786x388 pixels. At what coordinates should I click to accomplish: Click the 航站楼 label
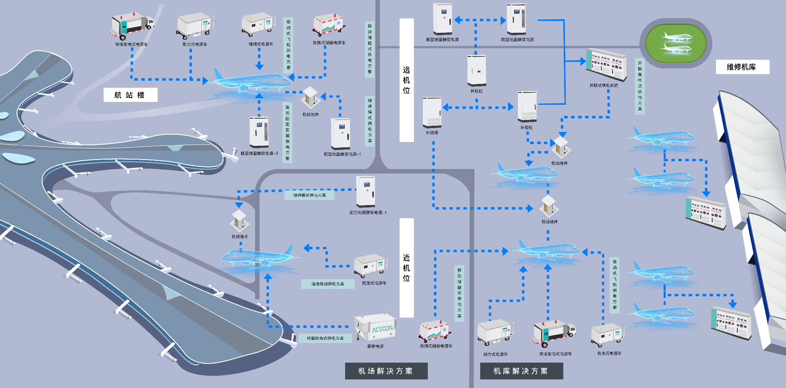[x=130, y=95]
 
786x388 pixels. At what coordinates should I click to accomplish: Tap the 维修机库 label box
[x=742, y=67]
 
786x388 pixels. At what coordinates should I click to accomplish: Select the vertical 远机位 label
[x=407, y=80]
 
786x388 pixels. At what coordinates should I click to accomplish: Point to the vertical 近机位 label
[x=407, y=268]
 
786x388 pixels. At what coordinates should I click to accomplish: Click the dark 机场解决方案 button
[x=386, y=371]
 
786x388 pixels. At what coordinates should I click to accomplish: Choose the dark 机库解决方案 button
[x=521, y=371]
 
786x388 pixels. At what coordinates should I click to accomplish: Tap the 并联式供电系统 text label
[x=603, y=86]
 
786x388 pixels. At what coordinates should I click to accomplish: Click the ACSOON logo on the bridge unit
[x=382, y=329]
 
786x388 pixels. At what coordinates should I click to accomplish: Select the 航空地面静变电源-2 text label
[x=259, y=153]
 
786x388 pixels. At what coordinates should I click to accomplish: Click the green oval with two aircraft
[x=675, y=43]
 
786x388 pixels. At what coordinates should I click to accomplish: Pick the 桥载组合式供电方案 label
[x=325, y=338]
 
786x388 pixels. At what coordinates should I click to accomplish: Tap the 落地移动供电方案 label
[x=327, y=284]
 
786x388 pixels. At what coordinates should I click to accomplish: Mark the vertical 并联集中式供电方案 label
[x=640, y=86]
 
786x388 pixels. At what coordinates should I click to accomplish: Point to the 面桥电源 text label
[x=375, y=346]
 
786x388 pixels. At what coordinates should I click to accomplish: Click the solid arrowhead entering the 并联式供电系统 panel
[x=583, y=61]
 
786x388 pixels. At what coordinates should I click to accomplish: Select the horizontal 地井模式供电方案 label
[x=309, y=196]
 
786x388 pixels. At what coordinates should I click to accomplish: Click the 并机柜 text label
[x=477, y=91]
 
